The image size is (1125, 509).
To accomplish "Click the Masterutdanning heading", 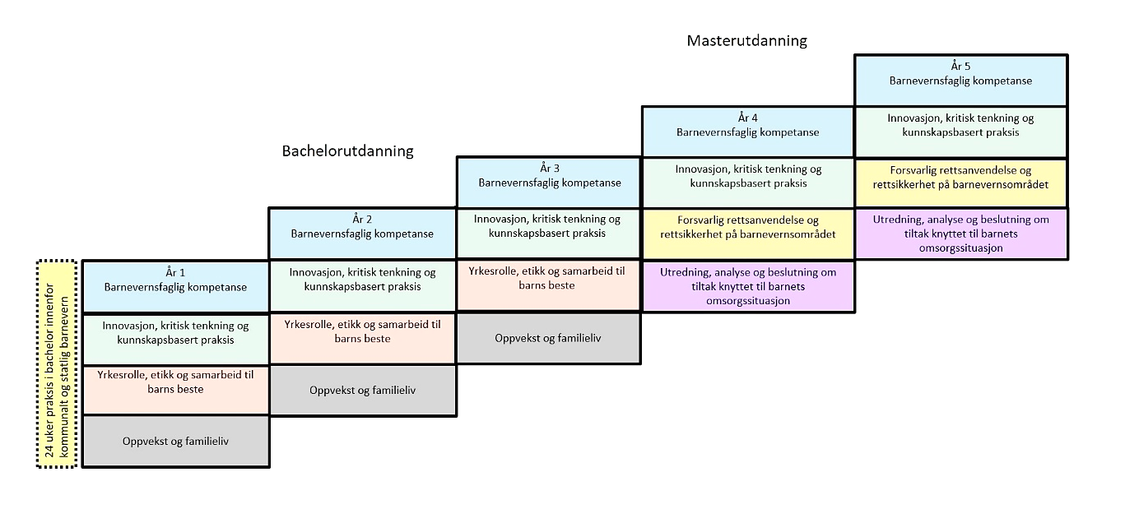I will (x=746, y=40).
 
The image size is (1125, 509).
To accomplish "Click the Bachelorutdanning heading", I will (x=347, y=151).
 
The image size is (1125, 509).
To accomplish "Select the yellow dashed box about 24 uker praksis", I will (x=57, y=364).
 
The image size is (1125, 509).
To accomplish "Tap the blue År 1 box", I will (x=175, y=286).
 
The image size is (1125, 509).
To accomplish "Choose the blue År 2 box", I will (x=362, y=234).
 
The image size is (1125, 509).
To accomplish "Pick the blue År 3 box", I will (x=549, y=182).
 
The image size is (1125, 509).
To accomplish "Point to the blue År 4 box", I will (x=747, y=131).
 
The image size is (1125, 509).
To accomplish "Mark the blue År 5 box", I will (x=960, y=80).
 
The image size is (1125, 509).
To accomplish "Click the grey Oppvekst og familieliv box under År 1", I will (x=175, y=442).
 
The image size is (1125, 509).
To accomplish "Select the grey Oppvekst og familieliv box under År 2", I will (x=362, y=390).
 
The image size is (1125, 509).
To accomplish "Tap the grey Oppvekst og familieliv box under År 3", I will (x=549, y=338).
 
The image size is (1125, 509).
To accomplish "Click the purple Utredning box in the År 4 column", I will (x=747, y=286).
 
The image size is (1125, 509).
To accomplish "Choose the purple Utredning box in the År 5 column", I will (x=960, y=234).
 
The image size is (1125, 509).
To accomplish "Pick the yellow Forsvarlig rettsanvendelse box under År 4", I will (x=747, y=234).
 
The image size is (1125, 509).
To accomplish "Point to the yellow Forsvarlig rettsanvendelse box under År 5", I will (x=960, y=183).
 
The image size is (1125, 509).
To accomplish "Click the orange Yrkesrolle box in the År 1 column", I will (x=175, y=390).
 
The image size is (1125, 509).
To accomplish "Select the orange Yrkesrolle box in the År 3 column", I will (x=549, y=285).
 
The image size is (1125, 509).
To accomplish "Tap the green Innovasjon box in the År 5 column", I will (x=960, y=132).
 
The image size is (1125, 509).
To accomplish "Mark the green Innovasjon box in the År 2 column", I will (x=362, y=286).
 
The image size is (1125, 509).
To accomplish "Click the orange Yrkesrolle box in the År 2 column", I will (x=362, y=338).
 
